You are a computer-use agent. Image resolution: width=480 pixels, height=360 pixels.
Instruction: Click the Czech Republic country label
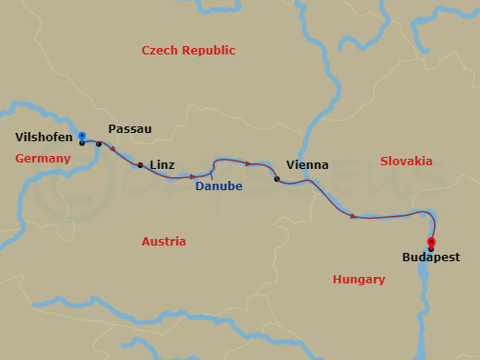coord(188,51)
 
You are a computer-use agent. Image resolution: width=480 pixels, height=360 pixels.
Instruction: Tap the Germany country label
coord(42,159)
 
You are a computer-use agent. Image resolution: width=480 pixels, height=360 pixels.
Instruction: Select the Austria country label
coord(163,242)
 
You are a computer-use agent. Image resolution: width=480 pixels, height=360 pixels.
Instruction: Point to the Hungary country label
coord(358,280)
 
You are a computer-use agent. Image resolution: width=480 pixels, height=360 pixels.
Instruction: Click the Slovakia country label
coord(406,161)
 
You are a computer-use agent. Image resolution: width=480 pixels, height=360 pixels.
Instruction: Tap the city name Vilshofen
coord(43,138)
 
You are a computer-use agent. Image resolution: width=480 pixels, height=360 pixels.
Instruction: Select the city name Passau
coord(129,129)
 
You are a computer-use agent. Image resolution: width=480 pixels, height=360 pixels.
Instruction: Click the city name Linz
coord(162,164)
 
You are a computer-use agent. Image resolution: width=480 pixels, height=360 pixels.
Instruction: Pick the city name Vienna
coord(307,165)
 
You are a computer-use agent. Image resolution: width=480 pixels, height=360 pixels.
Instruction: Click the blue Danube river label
coord(219,186)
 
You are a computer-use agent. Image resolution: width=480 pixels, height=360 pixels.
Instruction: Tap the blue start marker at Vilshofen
coord(81,137)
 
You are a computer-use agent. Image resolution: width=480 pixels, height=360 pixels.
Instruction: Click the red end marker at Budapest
coord(431,242)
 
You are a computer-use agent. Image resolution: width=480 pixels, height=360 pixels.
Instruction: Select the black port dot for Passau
coord(99,144)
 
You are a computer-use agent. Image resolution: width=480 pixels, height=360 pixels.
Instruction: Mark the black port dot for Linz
coord(139,166)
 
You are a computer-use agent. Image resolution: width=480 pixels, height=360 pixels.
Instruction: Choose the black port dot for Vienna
coord(277,179)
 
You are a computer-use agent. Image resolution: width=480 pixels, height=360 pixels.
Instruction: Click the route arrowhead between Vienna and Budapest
coord(354,216)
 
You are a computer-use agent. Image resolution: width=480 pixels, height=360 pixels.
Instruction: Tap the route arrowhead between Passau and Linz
coord(114,149)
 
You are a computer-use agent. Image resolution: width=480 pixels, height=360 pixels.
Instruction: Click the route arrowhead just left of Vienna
coord(248,163)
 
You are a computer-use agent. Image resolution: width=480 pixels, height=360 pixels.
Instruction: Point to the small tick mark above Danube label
coord(211,173)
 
